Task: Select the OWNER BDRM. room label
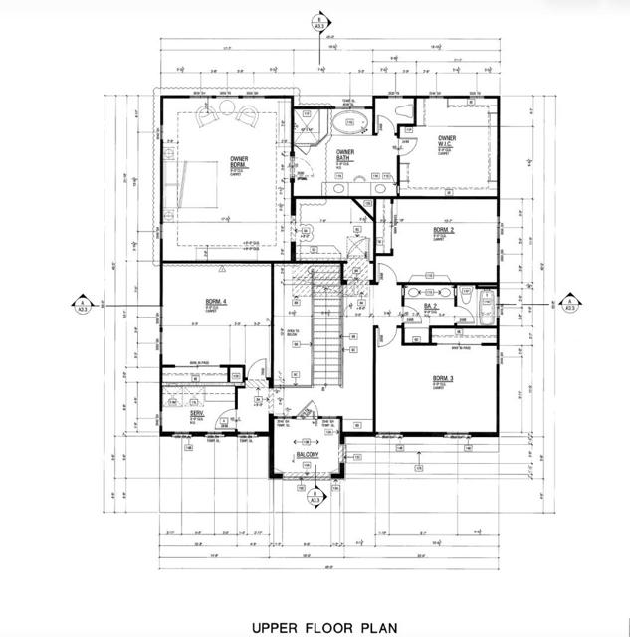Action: coord(240,161)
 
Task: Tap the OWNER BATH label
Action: coord(344,155)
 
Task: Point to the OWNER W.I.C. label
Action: coord(447,142)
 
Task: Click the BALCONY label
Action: coord(308,455)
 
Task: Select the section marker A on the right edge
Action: coord(570,305)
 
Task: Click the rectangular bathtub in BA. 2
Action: coord(486,307)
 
